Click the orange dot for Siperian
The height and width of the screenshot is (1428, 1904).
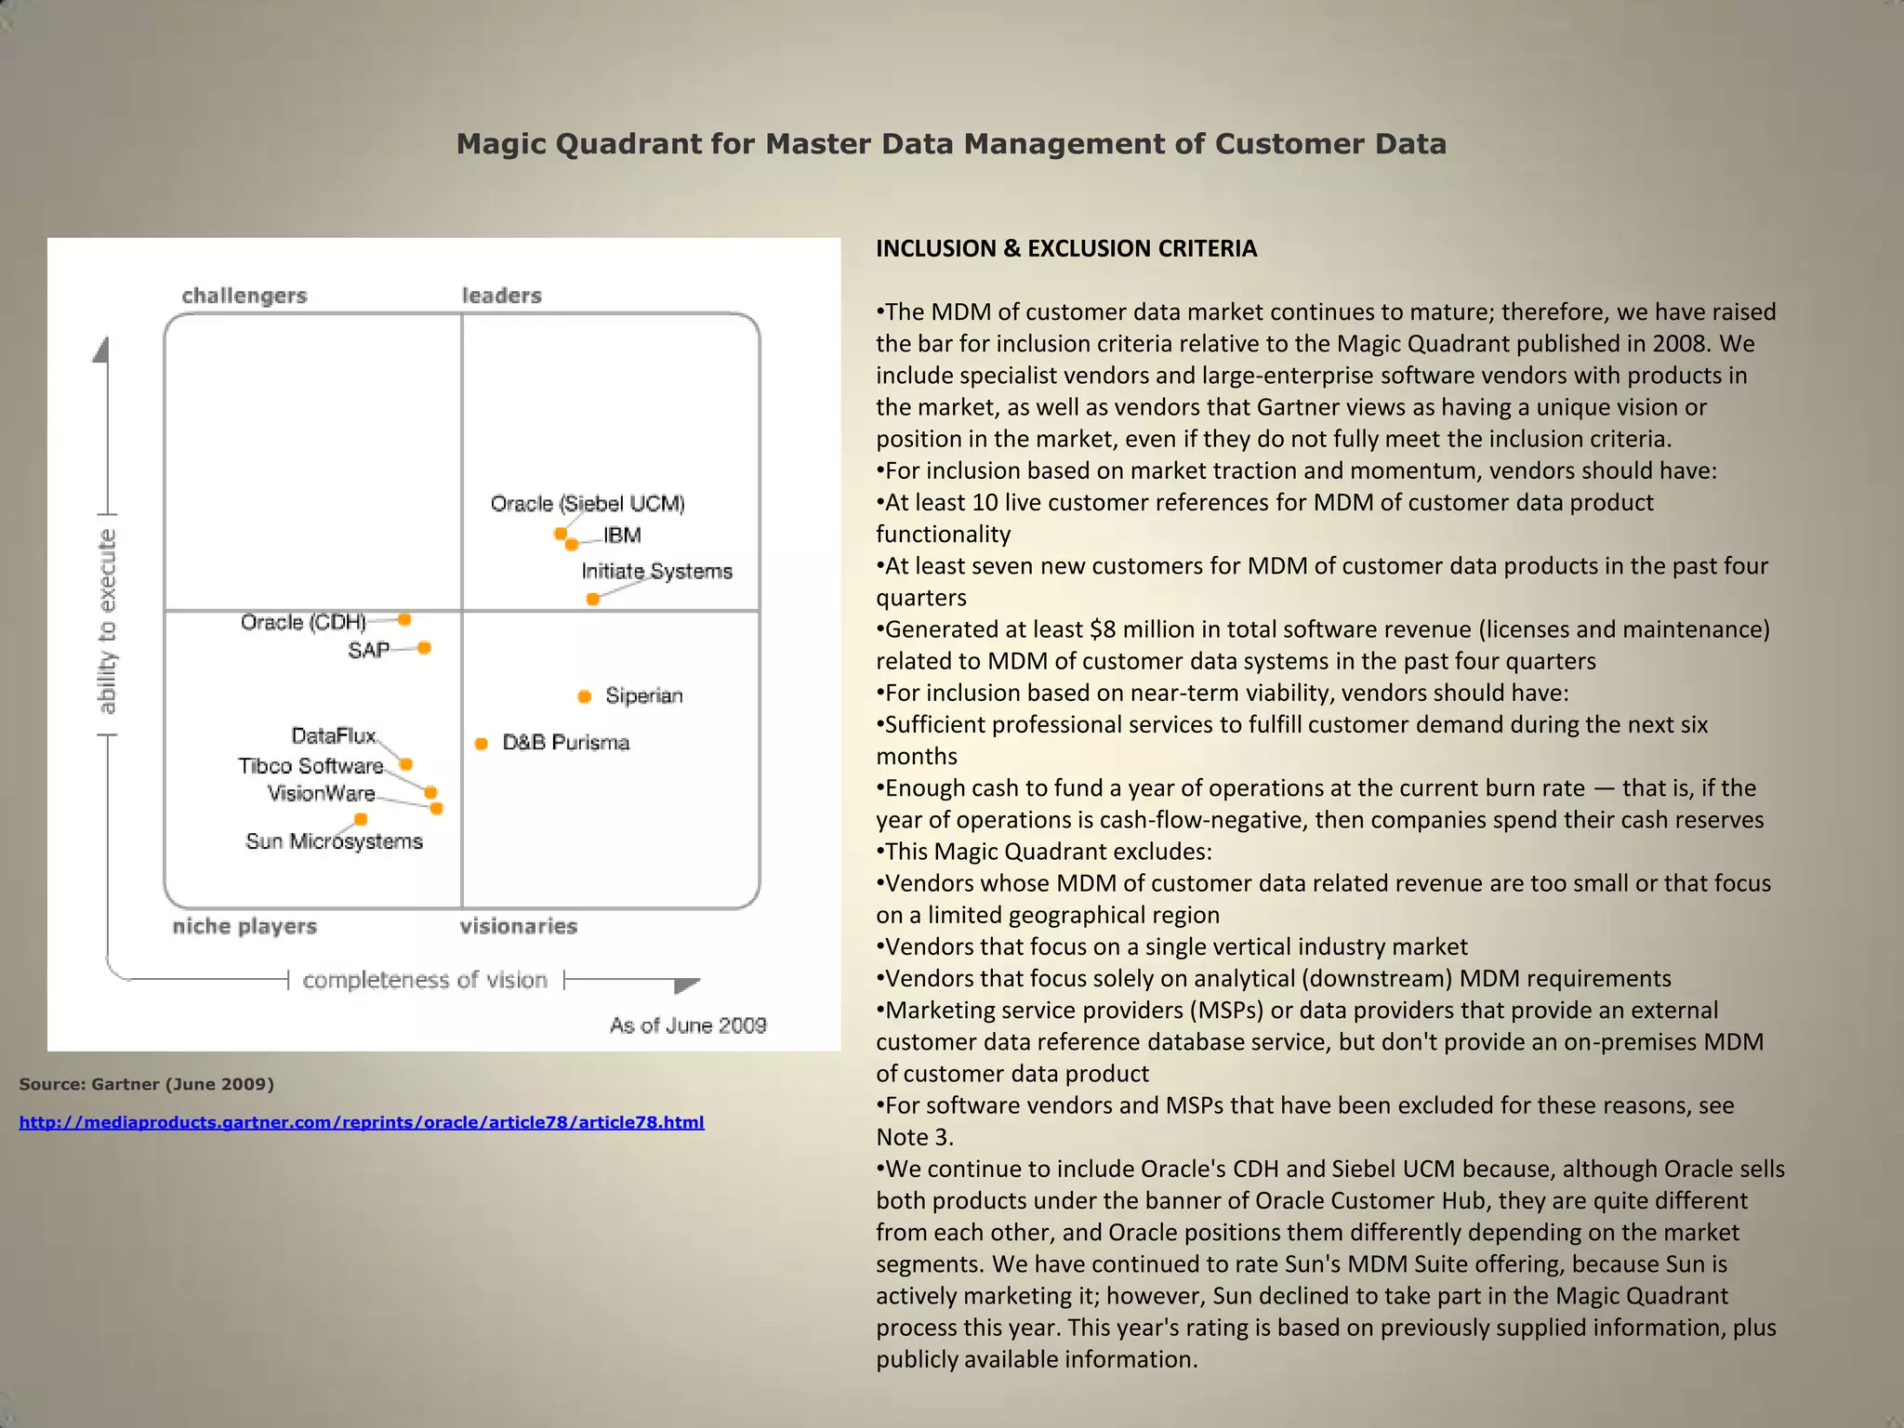(x=584, y=696)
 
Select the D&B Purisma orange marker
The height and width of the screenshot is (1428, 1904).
(x=481, y=743)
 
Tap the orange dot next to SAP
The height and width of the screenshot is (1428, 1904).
(x=424, y=648)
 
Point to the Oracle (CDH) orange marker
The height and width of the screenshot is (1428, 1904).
(x=404, y=619)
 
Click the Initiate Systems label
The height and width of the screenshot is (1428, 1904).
(x=656, y=571)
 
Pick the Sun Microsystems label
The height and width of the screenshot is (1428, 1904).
(x=334, y=841)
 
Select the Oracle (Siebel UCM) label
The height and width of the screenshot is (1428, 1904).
(x=588, y=504)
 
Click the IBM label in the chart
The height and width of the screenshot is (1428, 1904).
(x=622, y=535)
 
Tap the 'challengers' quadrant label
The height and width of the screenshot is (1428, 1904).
(x=245, y=296)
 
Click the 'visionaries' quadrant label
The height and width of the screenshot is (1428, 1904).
(x=519, y=926)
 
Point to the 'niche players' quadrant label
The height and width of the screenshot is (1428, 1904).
(x=245, y=926)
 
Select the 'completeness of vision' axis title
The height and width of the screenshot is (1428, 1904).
(x=425, y=980)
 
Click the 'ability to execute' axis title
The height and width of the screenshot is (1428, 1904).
(x=108, y=622)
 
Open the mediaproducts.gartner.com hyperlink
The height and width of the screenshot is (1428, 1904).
(x=362, y=1122)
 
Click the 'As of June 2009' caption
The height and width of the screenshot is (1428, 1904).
(x=688, y=1025)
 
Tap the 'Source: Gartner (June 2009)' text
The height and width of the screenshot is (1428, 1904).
(x=146, y=1084)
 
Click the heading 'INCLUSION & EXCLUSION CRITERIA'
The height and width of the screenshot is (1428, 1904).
(x=1066, y=248)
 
